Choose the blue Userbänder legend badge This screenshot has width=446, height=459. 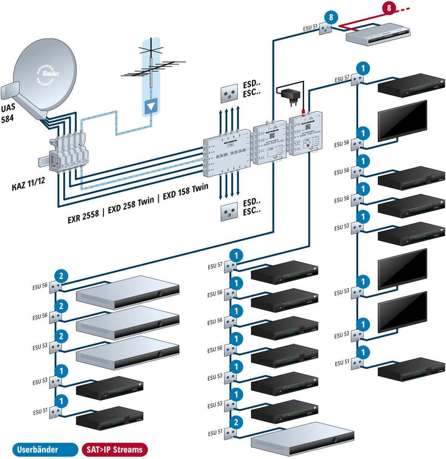[36, 449]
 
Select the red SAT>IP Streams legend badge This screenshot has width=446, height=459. [113, 449]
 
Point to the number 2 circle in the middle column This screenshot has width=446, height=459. [236, 422]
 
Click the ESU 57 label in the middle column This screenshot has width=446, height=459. [215, 265]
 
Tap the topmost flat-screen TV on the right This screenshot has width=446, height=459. [403, 116]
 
